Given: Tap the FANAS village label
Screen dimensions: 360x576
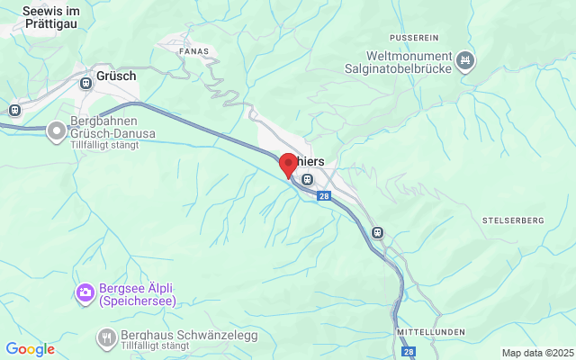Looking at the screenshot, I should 195,51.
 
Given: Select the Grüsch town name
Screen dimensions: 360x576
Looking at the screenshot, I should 117,76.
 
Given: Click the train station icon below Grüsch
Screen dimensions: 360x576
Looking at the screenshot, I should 86,83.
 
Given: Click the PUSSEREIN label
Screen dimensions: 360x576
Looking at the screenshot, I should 414,38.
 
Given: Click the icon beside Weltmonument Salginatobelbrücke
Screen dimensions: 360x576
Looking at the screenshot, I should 465,61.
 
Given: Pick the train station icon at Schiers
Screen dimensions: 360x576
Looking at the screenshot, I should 308,179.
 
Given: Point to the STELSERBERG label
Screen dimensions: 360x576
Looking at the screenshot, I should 513,220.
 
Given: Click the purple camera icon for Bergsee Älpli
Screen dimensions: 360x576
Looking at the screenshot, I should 85,292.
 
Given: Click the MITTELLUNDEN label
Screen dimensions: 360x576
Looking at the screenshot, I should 430,332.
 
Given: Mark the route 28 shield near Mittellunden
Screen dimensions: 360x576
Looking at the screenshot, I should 409,352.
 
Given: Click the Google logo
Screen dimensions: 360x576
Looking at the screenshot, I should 30,349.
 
